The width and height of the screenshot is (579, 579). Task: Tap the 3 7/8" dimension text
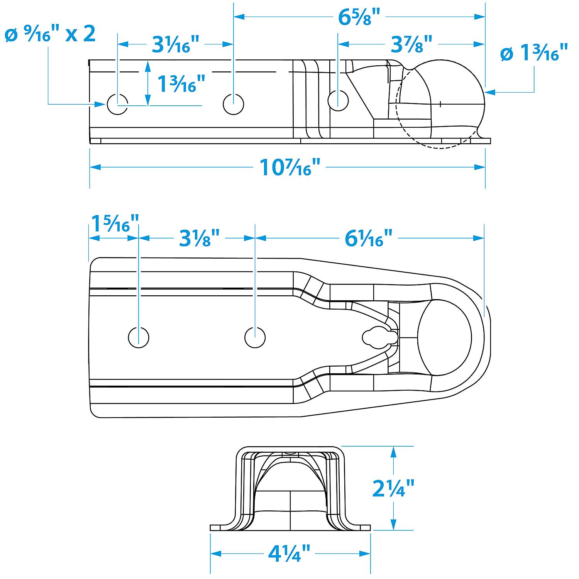[411, 44]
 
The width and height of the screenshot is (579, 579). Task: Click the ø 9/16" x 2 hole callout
[50, 34]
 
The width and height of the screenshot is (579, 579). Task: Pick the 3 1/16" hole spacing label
[176, 44]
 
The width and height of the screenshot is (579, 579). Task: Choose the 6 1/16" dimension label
[368, 238]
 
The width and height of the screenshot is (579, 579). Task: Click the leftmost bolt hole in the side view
[117, 104]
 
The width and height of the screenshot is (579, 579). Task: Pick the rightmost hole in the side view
[338, 100]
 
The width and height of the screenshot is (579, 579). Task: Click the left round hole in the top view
[139, 337]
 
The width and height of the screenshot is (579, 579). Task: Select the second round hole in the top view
[255, 337]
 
